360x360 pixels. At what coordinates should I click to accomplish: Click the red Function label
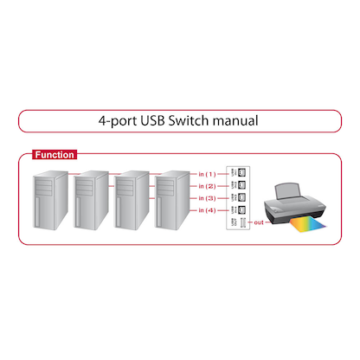54,155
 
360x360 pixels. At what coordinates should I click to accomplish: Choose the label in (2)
206,186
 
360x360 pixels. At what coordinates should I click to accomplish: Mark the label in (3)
206,198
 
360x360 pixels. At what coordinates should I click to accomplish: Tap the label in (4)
206,211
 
